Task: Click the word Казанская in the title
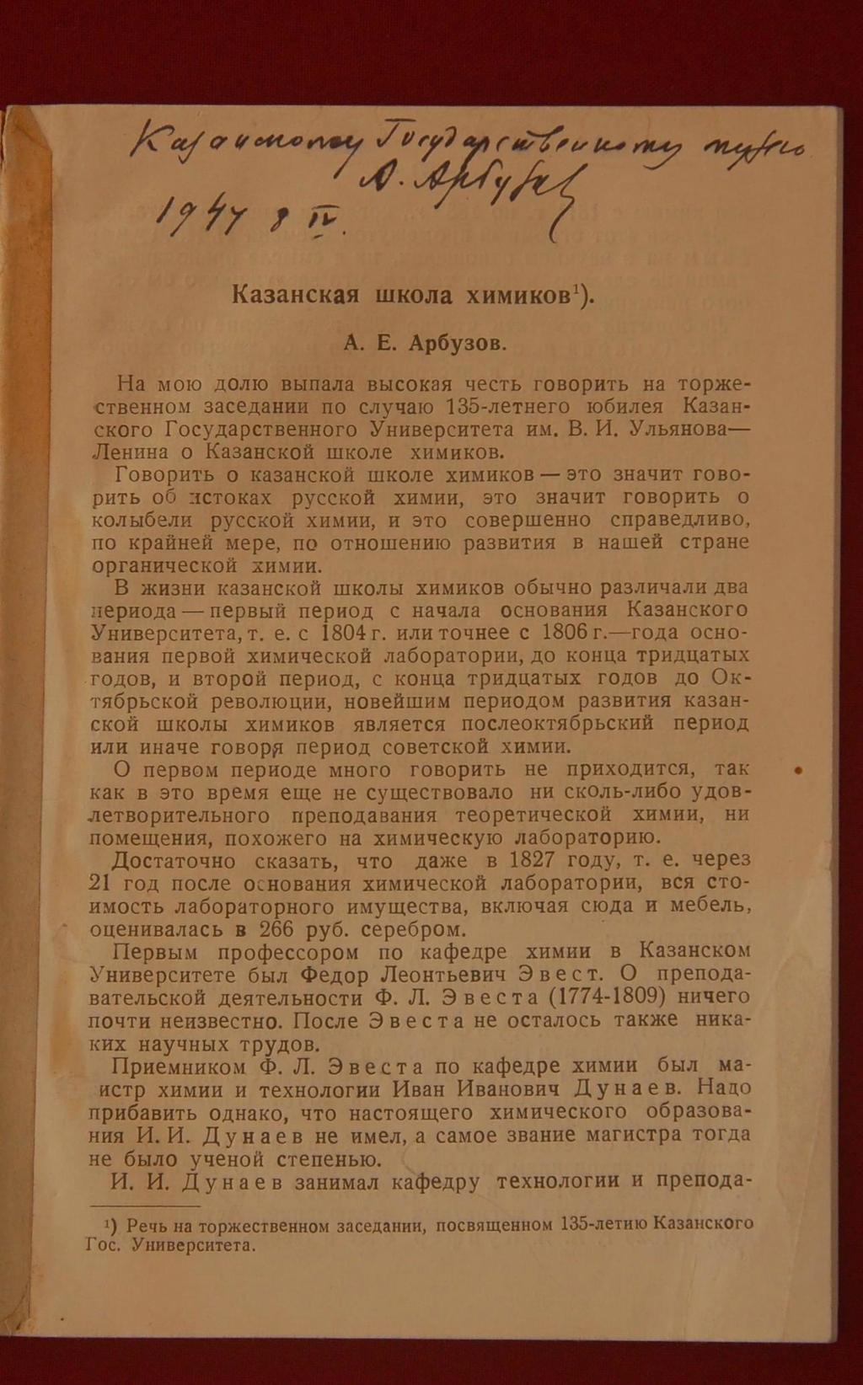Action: (x=296, y=295)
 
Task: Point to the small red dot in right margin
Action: (x=798, y=770)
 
